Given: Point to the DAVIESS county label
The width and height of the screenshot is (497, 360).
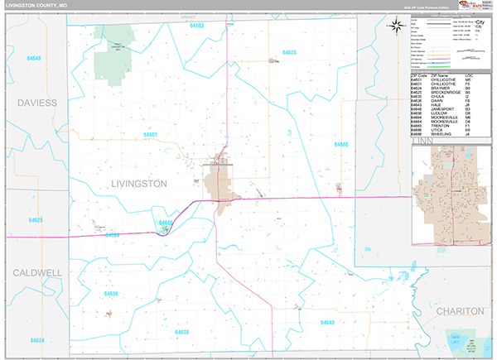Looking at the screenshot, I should coord(35,103).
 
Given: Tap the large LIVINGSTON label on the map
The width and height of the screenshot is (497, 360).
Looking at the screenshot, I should coord(139,183).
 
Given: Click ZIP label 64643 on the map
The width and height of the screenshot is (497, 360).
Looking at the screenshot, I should coord(326,322).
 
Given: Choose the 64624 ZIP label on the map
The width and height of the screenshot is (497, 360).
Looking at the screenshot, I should coord(36,339).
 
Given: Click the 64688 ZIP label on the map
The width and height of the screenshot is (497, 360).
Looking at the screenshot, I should coord(341,144).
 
